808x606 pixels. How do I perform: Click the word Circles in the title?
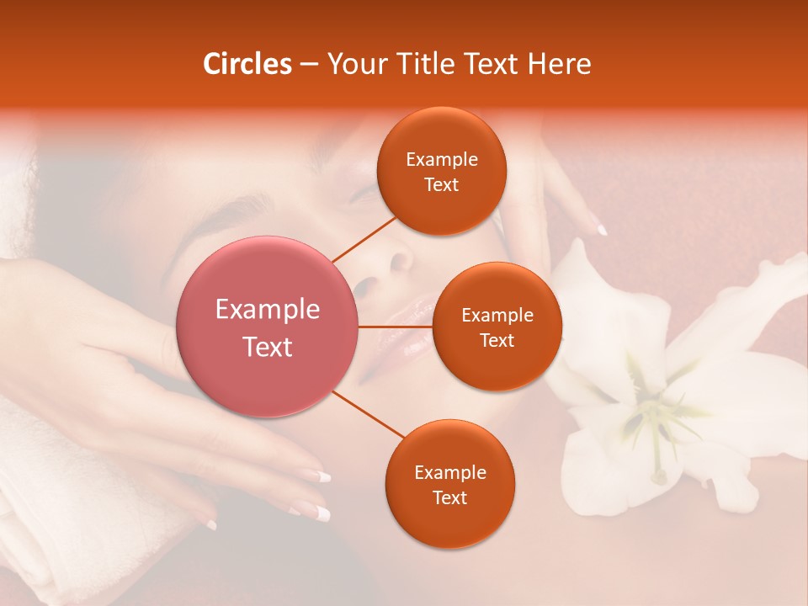pos(247,64)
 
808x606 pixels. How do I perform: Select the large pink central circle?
pos(268,327)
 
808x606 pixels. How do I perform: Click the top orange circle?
pos(441,171)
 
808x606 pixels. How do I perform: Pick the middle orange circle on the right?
pos(497,327)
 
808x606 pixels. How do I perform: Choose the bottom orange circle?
pos(449,484)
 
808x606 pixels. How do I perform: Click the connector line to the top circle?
pos(364,238)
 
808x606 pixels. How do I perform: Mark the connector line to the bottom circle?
pos(369,417)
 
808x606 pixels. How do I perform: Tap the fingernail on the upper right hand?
pos(602,229)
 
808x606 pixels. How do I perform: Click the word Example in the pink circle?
pos(268,310)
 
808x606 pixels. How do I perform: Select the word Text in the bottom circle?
pos(449,497)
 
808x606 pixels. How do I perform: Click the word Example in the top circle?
pos(441,159)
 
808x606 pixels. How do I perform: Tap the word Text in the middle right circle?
pos(497,340)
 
